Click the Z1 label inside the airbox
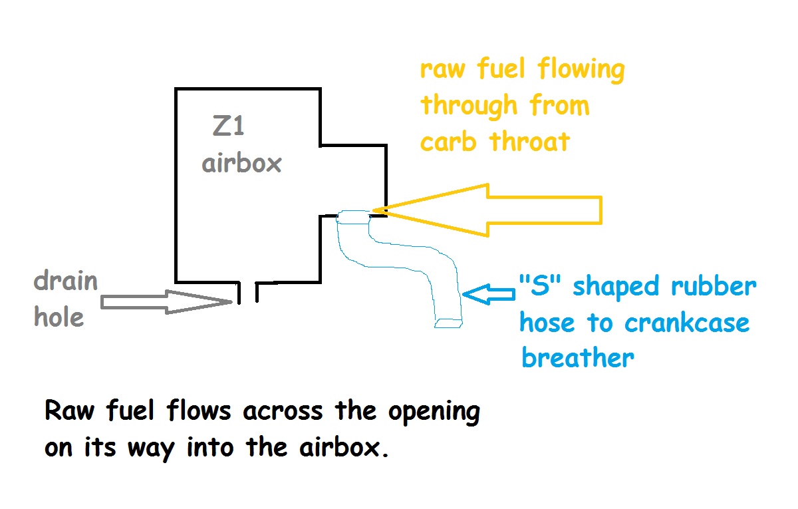(x=228, y=126)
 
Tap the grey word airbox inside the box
(x=242, y=162)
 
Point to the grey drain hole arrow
(x=166, y=303)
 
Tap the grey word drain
(x=66, y=282)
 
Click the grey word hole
(x=59, y=317)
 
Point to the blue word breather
(x=577, y=358)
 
